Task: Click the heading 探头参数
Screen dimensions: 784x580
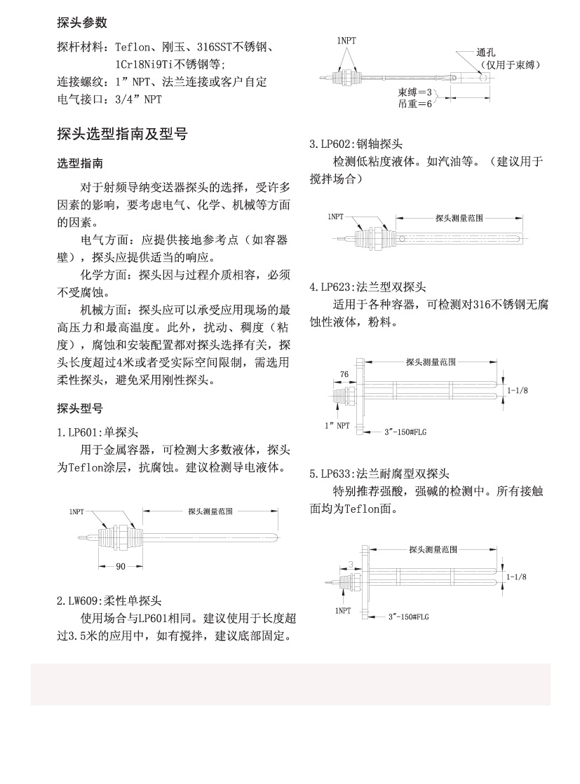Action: coord(82,23)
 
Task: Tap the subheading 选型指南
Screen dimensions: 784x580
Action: coord(80,163)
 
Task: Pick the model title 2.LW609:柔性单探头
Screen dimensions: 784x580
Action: coord(109,600)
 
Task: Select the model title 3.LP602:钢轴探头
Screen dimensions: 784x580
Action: coord(356,145)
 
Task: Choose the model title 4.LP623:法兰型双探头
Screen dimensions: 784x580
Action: coord(367,287)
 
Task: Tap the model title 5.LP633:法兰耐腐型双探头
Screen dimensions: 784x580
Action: coord(379,474)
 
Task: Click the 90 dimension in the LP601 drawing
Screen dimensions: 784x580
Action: coord(121,566)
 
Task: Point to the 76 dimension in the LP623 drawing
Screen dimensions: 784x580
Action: coord(344,375)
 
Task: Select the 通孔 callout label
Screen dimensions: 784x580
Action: coord(485,53)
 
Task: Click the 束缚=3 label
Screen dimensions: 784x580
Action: coord(415,92)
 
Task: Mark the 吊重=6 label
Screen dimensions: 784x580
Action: coord(415,104)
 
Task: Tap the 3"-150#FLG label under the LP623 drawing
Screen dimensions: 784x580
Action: coord(406,432)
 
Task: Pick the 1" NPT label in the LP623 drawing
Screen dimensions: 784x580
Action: coord(337,425)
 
